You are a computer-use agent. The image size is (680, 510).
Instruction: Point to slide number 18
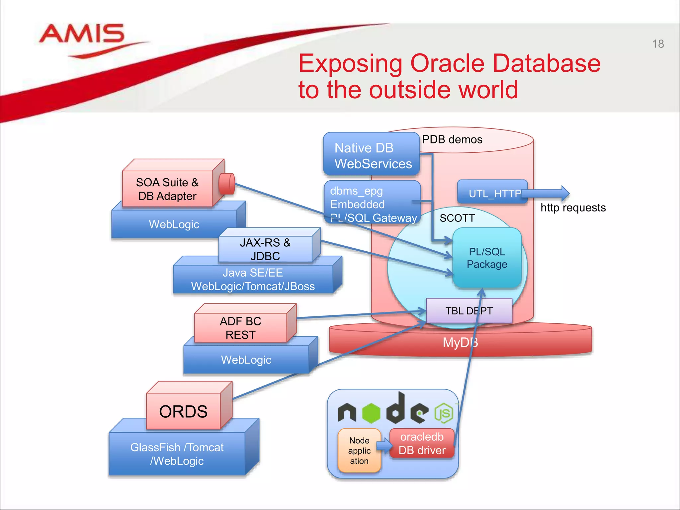point(658,44)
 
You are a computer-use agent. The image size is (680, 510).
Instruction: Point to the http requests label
point(573,208)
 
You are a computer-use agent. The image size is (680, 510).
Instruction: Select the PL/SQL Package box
point(487,258)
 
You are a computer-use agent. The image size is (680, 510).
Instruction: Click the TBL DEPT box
point(468,311)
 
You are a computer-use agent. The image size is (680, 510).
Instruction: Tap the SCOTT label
point(457,218)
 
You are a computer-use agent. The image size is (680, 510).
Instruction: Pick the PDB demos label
point(452,139)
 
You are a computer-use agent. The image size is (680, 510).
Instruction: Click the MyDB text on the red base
point(460,342)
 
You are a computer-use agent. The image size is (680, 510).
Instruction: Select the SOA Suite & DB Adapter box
point(167,189)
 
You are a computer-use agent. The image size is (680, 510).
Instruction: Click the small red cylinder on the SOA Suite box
point(227,184)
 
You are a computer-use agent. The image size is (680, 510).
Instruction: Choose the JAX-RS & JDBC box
point(265,249)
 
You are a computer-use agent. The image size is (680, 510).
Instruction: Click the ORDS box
point(183,411)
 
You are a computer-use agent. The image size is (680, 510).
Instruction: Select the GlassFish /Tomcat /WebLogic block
point(177,454)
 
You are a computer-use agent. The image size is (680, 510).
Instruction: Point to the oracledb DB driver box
point(422,444)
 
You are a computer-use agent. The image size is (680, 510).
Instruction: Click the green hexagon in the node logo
point(371,413)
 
